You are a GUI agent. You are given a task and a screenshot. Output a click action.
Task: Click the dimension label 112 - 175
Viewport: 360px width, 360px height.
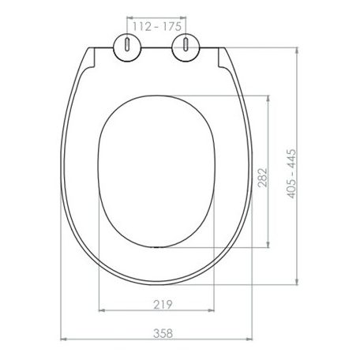pyautogui.click(x=157, y=27)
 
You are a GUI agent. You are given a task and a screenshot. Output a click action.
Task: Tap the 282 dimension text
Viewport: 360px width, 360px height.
pyautogui.click(x=262, y=178)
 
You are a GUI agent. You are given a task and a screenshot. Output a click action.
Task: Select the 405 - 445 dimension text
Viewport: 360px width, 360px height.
pyautogui.click(x=291, y=174)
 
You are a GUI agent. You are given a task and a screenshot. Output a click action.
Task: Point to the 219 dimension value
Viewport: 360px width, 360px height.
pyautogui.click(x=163, y=305)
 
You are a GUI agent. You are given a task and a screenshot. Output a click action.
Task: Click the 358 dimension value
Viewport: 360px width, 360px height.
pyautogui.click(x=163, y=333)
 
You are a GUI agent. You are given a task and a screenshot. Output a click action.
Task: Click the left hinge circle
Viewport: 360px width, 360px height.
pyautogui.click(x=127, y=48)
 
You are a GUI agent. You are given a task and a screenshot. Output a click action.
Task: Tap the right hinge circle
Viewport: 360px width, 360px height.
pyautogui.click(x=186, y=47)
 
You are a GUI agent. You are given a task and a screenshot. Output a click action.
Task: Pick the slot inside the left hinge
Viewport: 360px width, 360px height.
pyautogui.click(x=127, y=44)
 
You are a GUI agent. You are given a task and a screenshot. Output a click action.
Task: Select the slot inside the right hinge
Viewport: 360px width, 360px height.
pyautogui.click(x=186, y=44)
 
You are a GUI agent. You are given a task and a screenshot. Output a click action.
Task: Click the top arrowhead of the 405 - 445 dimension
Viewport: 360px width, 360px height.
pyautogui.click(x=297, y=51)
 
